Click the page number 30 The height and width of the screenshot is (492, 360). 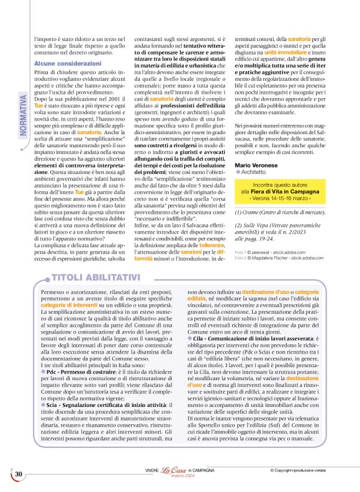19,475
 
